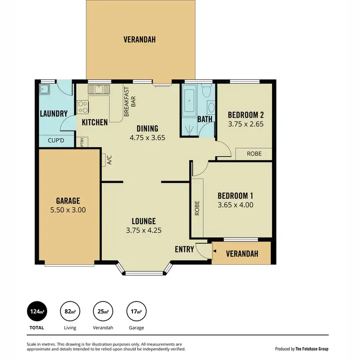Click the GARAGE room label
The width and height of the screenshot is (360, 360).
68,201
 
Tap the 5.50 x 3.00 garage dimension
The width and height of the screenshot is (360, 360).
68,210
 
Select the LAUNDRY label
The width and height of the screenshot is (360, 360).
53,114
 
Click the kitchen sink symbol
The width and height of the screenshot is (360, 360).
99,89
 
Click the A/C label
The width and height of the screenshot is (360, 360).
109,160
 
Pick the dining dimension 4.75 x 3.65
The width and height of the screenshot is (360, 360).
147,137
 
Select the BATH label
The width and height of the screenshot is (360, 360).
205,119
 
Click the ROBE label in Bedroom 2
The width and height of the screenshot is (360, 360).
254,154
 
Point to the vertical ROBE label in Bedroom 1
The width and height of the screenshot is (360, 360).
197,207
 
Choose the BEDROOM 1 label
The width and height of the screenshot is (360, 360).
235,196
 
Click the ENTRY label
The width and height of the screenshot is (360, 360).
184,249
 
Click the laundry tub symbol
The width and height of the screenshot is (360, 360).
45,89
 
